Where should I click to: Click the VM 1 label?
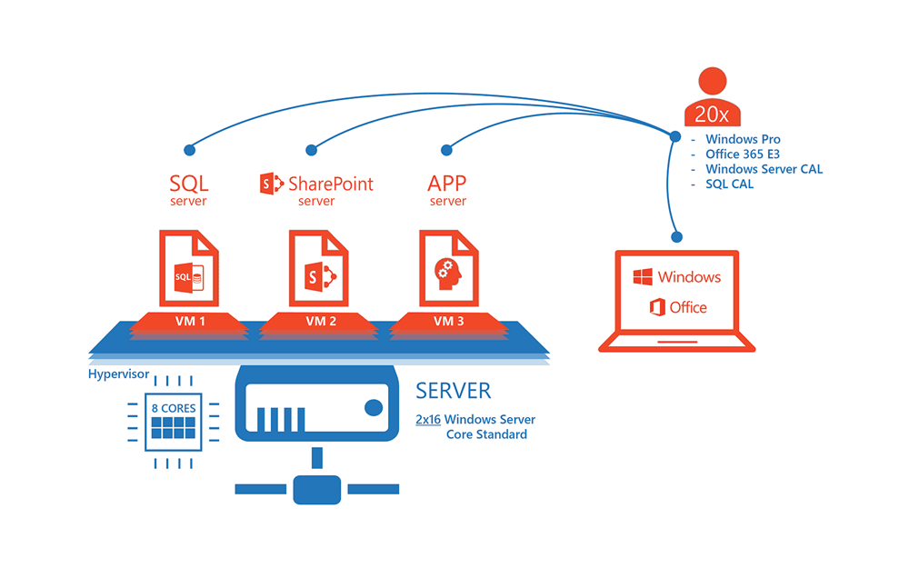(189, 322)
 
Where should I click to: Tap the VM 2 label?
(321, 322)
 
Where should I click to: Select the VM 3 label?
(449, 322)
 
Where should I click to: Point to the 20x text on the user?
(712, 114)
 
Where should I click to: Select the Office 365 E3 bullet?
(742, 154)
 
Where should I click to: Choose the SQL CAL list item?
(729, 184)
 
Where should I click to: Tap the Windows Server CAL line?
(764, 169)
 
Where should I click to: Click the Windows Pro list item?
(743, 140)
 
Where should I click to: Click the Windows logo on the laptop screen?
(644, 276)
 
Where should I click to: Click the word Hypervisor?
(118, 374)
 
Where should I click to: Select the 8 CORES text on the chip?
(174, 409)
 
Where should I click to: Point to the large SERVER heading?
(453, 392)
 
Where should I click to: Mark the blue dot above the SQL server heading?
(189, 149)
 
